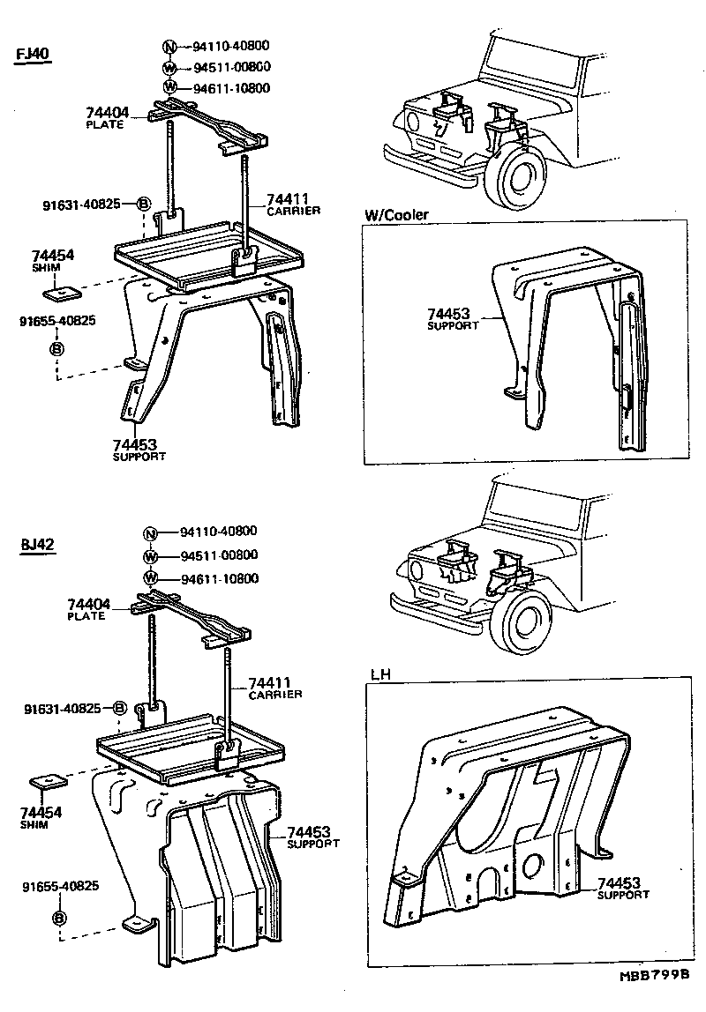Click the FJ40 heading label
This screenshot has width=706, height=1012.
click(x=34, y=54)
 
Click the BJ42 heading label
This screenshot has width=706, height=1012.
click(x=38, y=544)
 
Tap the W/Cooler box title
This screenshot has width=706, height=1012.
click(x=395, y=214)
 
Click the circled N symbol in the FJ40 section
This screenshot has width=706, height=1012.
click(x=170, y=46)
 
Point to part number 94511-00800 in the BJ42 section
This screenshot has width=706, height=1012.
click(x=219, y=555)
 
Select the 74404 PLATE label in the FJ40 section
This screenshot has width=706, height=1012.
click(x=108, y=116)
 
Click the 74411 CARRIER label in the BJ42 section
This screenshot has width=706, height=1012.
click(x=274, y=688)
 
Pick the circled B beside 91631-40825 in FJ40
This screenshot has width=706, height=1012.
click(x=144, y=205)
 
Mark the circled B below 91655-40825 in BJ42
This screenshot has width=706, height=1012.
click(x=59, y=918)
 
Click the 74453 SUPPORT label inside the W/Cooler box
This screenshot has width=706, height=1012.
click(x=452, y=318)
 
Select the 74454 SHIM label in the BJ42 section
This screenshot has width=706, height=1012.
click(x=41, y=816)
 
